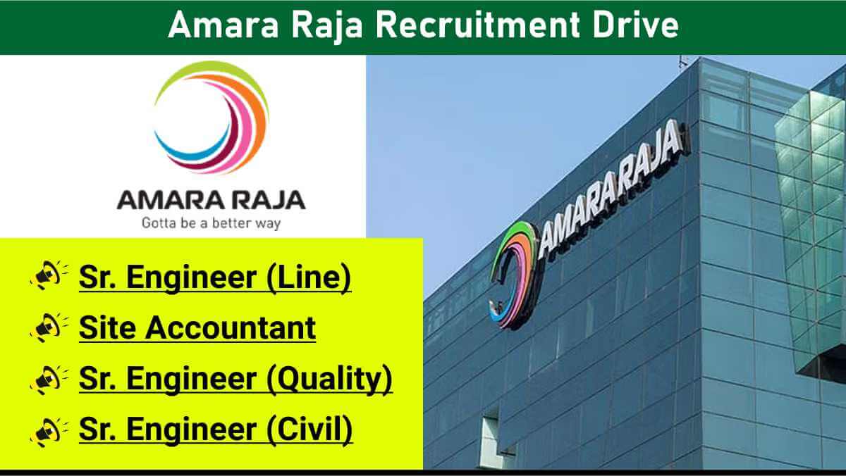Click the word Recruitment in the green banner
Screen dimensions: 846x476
pyautogui.click(x=477, y=25)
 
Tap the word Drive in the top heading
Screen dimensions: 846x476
pyautogui.click(x=636, y=25)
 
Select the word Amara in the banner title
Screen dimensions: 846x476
pyautogui.click(x=223, y=25)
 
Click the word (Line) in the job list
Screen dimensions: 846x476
pyautogui.click(x=309, y=277)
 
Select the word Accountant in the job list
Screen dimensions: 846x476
pyautogui.click(x=231, y=327)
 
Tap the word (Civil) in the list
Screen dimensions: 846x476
pyautogui.click(x=309, y=430)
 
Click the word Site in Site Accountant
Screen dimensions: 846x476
pyautogui.click(x=107, y=327)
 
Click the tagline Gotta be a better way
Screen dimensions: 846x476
pyautogui.click(x=211, y=223)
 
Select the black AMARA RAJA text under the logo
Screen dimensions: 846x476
pyautogui.click(x=211, y=200)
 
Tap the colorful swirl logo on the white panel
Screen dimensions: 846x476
pyautogui.click(x=211, y=118)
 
